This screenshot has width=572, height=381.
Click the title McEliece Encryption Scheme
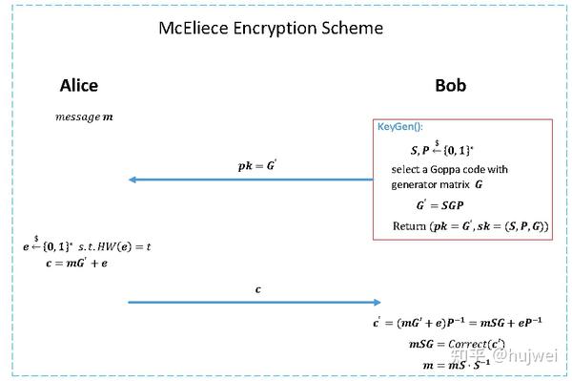pyautogui.click(x=270, y=28)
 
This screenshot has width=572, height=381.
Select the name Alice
pyautogui.click(x=79, y=86)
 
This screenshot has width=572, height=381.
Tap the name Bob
pyautogui.click(x=450, y=86)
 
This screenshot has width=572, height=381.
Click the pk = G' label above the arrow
pyautogui.click(x=257, y=165)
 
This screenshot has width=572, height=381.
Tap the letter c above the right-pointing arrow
pyautogui.click(x=257, y=287)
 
